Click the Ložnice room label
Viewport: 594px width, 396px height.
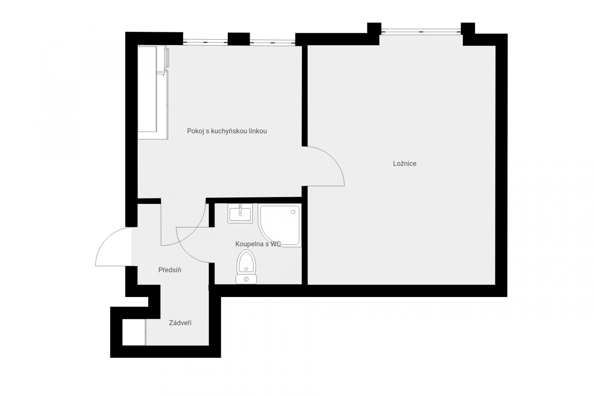[405, 163]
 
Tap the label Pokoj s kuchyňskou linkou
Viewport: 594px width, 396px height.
[227, 131]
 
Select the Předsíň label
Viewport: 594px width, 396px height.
[170, 270]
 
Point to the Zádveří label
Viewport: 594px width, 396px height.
[180, 323]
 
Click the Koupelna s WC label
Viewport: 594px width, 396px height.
[258, 244]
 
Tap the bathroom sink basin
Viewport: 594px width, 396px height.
[240, 214]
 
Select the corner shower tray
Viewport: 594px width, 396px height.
[280, 225]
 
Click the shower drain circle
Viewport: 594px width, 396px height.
[293, 212]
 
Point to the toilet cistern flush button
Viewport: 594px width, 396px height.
[246, 280]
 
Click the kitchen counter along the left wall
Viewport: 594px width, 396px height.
[153, 92]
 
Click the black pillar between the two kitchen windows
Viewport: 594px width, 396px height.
[239, 39]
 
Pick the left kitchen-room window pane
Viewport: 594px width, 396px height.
[205, 42]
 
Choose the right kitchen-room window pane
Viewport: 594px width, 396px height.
[273, 42]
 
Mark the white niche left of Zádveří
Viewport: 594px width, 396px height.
[134, 332]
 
